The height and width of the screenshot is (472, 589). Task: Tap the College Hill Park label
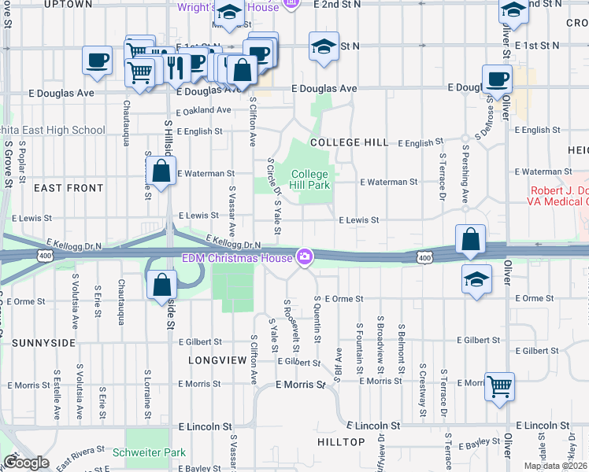coord(309,179)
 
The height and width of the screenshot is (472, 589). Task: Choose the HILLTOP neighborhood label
coord(341,442)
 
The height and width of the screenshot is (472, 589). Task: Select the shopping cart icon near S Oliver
coord(499,387)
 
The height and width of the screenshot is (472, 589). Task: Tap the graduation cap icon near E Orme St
coord(476,279)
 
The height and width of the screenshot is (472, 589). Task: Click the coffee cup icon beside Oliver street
coord(497,79)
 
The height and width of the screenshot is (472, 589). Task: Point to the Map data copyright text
coord(555,466)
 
